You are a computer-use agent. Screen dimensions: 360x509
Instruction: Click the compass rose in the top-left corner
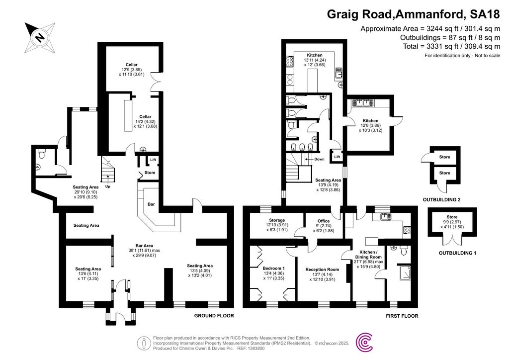(x=38, y=37)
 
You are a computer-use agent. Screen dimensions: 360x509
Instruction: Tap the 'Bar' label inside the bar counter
(x=151, y=204)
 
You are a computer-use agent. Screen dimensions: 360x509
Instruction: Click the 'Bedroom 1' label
(x=274, y=269)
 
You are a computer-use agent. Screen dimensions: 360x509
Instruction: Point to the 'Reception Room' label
(x=322, y=270)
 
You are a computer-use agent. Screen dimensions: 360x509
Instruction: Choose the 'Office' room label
(x=324, y=221)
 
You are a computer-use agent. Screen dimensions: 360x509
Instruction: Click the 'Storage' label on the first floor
(x=277, y=220)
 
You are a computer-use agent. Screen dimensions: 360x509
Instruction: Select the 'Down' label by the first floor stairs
(x=318, y=160)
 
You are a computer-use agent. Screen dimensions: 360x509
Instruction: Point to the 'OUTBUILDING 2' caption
(x=441, y=200)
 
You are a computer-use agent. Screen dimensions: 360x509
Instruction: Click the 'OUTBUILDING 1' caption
(x=457, y=253)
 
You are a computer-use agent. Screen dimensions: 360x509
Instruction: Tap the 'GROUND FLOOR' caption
(x=214, y=316)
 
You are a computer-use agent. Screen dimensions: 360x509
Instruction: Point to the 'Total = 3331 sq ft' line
(x=451, y=46)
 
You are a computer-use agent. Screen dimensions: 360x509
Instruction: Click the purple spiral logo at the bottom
(x=367, y=343)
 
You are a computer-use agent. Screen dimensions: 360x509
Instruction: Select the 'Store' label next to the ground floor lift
(x=150, y=173)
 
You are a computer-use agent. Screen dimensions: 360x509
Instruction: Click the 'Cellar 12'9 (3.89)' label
(x=131, y=65)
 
